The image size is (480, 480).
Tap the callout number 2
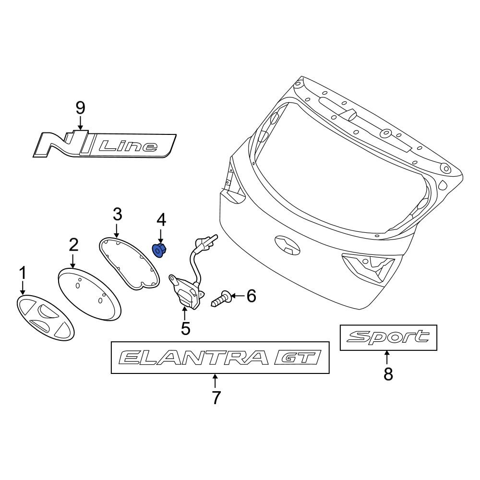click(73, 245)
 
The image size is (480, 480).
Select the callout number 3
click(117, 213)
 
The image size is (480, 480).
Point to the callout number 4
click(161, 220)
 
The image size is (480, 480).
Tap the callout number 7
click(216, 397)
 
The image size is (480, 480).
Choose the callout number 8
click(388, 373)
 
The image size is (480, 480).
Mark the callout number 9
click(80, 107)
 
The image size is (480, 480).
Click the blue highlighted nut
click(159, 250)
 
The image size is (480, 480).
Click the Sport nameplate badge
click(388, 337)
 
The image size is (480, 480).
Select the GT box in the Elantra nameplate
click(297, 358)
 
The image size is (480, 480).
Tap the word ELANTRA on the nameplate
click(192, 358)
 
